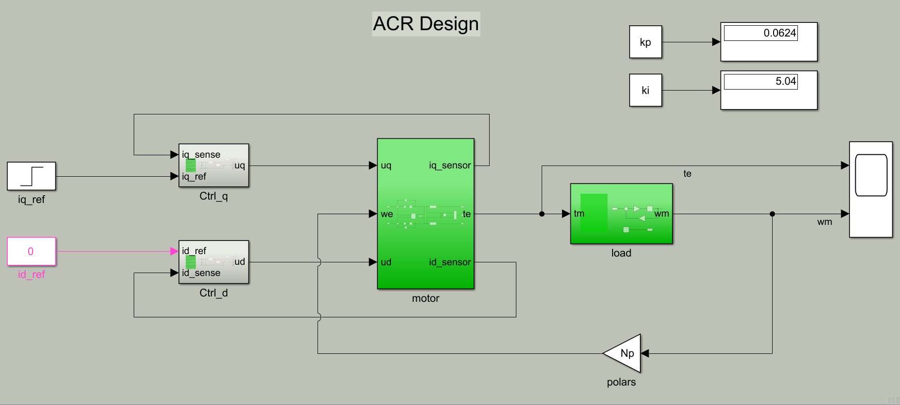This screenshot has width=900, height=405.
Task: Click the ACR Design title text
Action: (x=426, y=24)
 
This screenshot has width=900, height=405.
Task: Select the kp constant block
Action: (x=645, y=42)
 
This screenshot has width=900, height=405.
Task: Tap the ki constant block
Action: (x=645, y=90)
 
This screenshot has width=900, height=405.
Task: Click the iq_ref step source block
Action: (x=32, y=176)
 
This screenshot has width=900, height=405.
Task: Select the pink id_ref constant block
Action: (x=32, y=251)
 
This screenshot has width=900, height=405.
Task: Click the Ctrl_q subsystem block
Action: (x=214, y=166)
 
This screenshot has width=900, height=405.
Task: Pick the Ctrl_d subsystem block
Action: (x=214, y=262)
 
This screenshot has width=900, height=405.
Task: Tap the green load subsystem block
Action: (x=621, y=214)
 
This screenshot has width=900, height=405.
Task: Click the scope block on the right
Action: (x=871, y=189)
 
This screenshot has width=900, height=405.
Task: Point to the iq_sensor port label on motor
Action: (x=450, y=166)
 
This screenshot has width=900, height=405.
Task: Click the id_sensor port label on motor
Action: (x=450, y=262)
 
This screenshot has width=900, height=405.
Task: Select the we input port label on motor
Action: (x=387, y=214)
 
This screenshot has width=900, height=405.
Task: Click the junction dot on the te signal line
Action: (x=542, y=214)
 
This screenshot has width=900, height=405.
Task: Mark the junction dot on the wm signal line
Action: (x=772, y=214)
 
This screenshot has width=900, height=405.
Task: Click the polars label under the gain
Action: (x=621, y=382)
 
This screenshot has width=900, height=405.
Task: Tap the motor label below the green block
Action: (x=425, y=298)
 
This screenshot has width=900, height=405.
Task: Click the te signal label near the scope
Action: (x=687, y=174)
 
